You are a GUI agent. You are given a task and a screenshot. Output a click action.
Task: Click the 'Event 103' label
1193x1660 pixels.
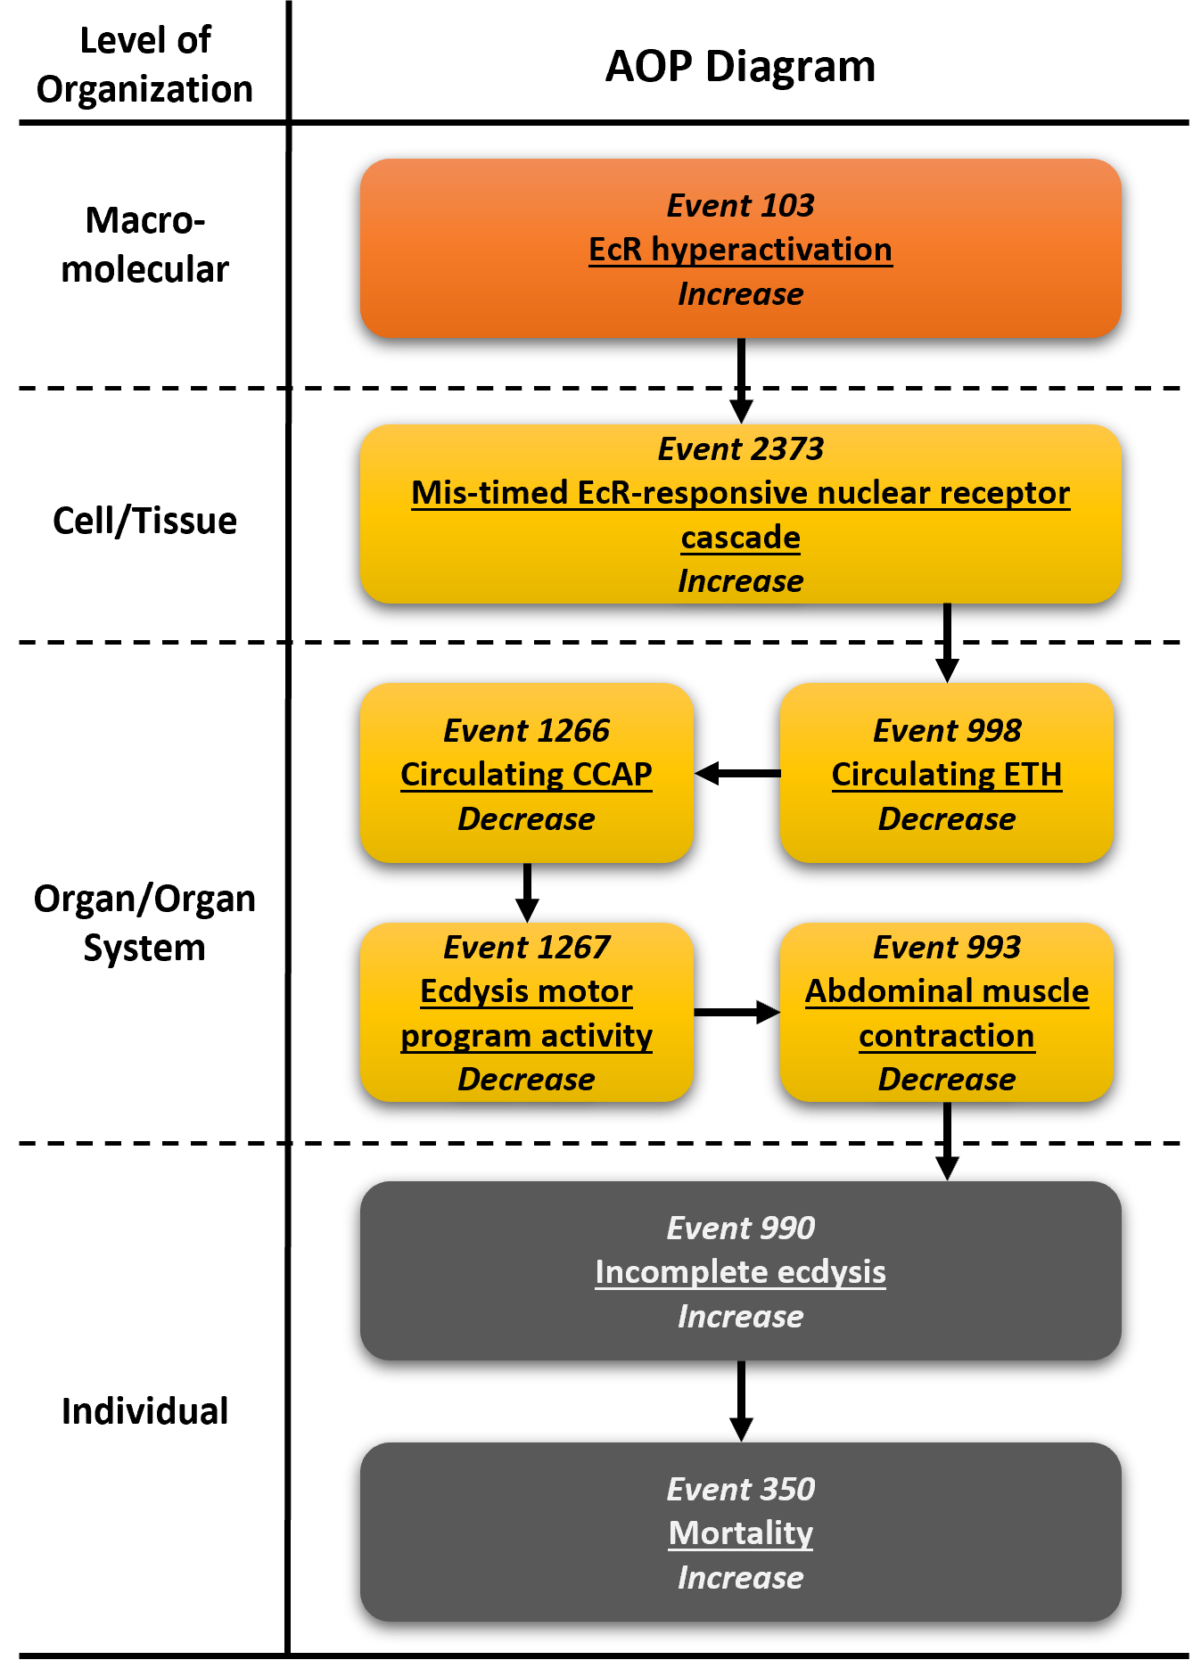pyautogui.click(x=740, y=206)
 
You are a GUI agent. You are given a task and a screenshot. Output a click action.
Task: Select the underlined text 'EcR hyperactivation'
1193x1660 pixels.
pyautogui.click(x=740, y=250)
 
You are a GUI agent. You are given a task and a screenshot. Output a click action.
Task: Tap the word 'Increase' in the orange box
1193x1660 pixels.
pyautogui.click(x=740, y=294)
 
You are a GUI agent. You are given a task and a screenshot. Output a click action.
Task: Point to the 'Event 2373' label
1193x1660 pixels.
pyautogui.click(x=740, y=449)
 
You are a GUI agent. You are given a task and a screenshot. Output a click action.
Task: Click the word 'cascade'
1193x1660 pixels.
pyautogui.click(x=740, y=538)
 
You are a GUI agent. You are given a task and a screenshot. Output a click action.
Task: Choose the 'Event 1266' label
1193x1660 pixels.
pyautogui.click(x=526, y=731)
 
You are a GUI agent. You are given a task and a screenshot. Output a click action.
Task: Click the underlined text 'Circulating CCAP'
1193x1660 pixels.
pyautogui.click(x=526, y=775)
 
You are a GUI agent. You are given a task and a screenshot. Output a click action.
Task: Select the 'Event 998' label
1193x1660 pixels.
pyautogui.click(x=947, y=731)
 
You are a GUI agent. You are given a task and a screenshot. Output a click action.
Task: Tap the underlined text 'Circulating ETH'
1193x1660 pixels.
pyautogui.click(x=947, y=775)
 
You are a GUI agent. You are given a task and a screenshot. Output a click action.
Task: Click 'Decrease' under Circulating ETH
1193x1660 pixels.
pyautogui.click(x=947, y=819)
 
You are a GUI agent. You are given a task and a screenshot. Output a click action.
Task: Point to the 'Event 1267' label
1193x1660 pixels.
pyautogui.click(x=526, y=948)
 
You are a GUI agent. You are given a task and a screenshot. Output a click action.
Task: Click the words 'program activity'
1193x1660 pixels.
pyautogui.click(x=526, y=1036)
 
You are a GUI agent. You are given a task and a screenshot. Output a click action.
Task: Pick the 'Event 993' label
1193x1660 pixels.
pyautogui.click(x=947, y=948)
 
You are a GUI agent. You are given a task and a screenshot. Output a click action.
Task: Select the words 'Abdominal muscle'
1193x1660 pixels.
pyautogui.click(x=947, y=991)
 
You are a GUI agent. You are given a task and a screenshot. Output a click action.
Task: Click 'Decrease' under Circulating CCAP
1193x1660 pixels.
pyautogui.click(x=526, y=819)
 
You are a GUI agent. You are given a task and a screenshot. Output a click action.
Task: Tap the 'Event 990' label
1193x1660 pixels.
pyautogui.click(x=740, y=1229)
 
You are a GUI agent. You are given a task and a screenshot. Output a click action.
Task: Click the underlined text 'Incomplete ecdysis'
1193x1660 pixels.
pyautogui.click(x=740, y=1272)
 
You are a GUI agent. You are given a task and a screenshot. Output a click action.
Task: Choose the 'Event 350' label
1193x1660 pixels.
pyautogui.click(x=740, y=1490)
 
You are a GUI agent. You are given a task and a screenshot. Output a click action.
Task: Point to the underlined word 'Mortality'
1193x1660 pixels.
pyautogui.click(x=740, y=1533)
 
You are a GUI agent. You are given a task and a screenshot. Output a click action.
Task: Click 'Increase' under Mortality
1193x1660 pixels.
pyautogui.click(x=740, y=1578)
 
